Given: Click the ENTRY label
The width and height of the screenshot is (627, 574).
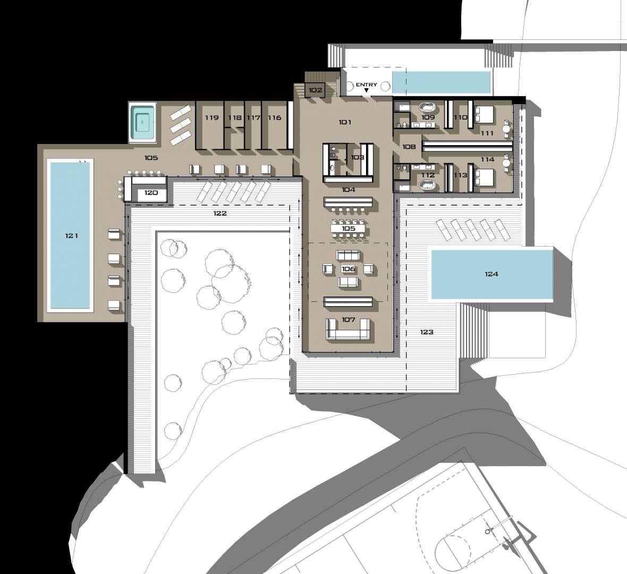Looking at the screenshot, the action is (366, 85).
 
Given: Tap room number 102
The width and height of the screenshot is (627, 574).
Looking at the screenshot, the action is (315, 90).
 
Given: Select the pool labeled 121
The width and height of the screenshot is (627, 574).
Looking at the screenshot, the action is (70, 235).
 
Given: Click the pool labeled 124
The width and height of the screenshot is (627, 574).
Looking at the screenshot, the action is (492, 274).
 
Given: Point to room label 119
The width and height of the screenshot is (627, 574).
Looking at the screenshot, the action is (211, 117).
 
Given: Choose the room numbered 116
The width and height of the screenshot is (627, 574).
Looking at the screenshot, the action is (274, 117).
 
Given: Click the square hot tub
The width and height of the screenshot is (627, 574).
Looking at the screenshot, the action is (143, 121).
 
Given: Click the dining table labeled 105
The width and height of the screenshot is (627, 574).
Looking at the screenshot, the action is (348, 229).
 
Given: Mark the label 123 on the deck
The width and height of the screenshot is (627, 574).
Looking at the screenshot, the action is (427, 332).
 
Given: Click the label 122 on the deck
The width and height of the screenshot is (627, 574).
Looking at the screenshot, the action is (220, 213).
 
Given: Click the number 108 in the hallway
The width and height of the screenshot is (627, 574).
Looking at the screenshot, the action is (409, 147).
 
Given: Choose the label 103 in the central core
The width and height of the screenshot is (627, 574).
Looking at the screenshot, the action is (358, 157).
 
